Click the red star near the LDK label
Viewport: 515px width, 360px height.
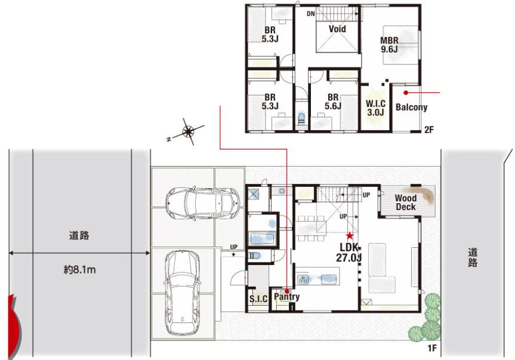point(350,235)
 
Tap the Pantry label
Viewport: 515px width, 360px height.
point(286,297)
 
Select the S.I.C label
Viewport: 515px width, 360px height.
point(258,299)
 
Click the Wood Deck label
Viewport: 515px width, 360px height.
point(406,202)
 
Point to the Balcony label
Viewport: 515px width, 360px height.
point(412,107)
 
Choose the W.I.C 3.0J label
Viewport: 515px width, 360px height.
point(376,108)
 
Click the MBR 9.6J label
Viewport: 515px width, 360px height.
point(389,45)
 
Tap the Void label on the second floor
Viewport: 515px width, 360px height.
point(337,29)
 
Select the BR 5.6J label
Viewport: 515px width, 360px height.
point(333,101)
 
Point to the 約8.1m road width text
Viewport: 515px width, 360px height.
point(79,270)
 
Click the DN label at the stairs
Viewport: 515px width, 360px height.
point(311,14)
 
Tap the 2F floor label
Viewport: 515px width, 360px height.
point(429,130)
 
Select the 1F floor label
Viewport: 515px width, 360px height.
point(432,348)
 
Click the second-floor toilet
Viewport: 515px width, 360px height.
point(301,118)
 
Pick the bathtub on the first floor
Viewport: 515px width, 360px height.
point(263,238)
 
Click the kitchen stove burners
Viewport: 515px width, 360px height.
point(303,279)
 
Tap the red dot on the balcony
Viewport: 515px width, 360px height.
point(406,93)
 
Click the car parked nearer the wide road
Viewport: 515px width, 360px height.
point(182,293)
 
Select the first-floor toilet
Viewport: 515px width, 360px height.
point(255,256)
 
